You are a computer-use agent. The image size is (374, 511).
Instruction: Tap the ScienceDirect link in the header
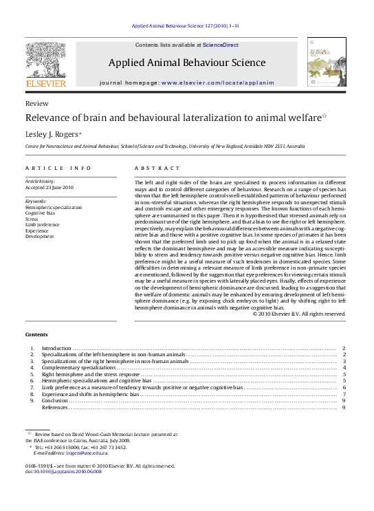[x=221, y=45]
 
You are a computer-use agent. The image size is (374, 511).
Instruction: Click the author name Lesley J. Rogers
[x=52, y=134]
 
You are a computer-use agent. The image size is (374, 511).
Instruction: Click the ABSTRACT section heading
[x=157, y=168]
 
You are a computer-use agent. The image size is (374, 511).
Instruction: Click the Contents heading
[x=36, y=334]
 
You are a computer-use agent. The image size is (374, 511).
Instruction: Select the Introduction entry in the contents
[x=57, y=349]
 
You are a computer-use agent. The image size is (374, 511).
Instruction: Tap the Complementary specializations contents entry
[x=78, y=368]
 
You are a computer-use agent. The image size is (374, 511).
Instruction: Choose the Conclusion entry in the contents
[x=55, y=400]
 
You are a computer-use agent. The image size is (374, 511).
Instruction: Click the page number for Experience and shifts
[x=343, y=394]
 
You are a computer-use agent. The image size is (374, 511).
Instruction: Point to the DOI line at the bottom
[x=58, y=471]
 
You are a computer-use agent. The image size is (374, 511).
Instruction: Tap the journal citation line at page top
[x=185, y=26]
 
